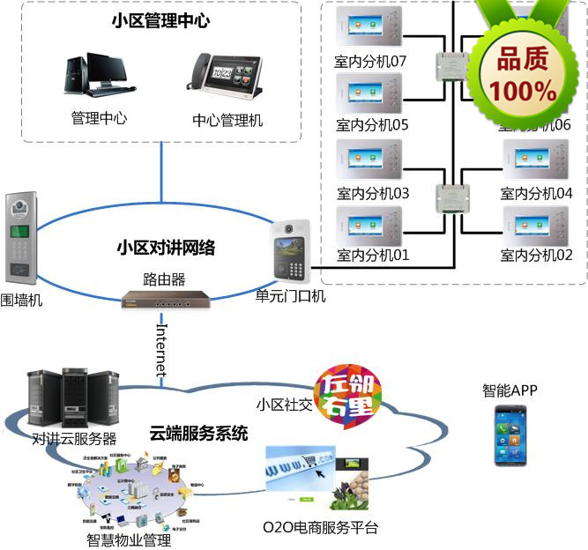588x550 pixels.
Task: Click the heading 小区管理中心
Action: click(x=160, y=22)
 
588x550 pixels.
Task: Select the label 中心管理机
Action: click(x=227, y=120)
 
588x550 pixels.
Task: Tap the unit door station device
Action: click(x=291, y=248)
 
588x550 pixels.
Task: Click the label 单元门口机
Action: click(x=291, y=296)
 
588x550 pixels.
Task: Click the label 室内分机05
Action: click(x=372, y=124)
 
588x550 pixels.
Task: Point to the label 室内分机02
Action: click(x=537, y=256)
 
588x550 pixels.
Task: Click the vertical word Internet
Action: click(x=161, y=351)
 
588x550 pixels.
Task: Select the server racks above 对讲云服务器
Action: click(x=71, y=396)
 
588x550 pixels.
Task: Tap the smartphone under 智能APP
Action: click(x=510, y=435)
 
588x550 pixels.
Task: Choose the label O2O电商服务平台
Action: click(x=320, y=528)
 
